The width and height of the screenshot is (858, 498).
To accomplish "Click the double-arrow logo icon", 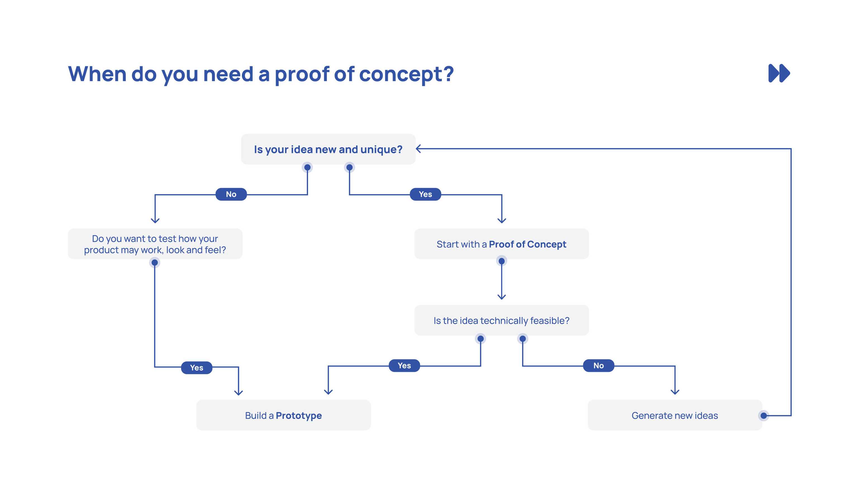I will pos(779,73).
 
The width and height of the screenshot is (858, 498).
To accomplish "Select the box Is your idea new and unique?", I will pos(328,149).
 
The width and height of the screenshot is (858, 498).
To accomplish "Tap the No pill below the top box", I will pos(231,194).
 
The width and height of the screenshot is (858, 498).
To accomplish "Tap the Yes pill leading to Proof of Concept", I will pos(425,194).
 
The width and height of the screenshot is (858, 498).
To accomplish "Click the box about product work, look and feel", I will pos(155,244).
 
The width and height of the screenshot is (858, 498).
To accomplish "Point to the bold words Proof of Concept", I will pos(527,244).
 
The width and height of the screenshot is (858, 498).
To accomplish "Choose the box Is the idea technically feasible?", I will pos(501,321).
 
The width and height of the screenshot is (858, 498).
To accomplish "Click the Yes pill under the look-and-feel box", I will pos(196,367).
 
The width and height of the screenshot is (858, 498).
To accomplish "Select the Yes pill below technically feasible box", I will pos(404,366).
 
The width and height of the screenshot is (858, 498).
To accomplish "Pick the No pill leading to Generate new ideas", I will pos(598,366).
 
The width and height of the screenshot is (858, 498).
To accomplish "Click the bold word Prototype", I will pos(299,416).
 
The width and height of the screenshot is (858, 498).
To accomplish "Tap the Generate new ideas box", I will pos(675,415).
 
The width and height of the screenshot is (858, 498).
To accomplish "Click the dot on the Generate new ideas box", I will pos(763,416).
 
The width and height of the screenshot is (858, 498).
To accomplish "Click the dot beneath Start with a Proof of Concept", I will pos(502,261).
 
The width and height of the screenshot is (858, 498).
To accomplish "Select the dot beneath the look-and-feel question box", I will pos(154,263).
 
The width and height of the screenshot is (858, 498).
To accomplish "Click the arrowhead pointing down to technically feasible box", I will pos(502,297).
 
